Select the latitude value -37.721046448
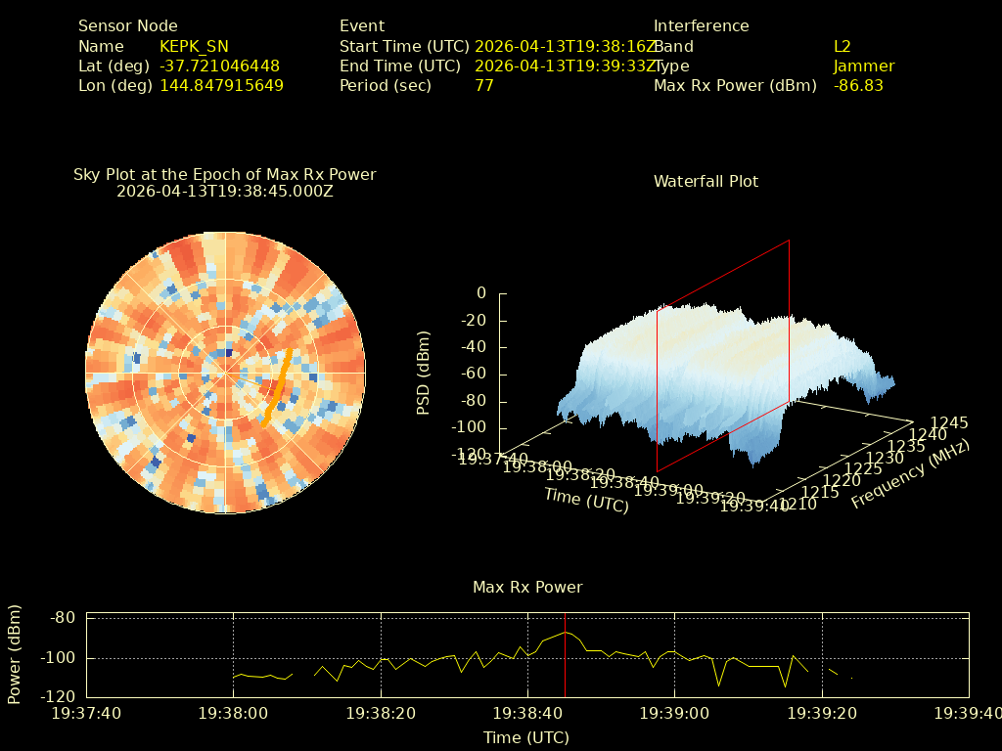click(219, 66)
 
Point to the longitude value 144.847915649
click(221, 86)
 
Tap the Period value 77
click(484, 86)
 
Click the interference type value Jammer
click(864, 66)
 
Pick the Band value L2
click(843, 47)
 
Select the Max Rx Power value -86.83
click(858, 86)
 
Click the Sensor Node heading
click(128, 26)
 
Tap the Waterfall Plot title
click(706, 182)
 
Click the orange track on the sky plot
click(278, 387)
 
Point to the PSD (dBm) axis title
click(424, 373)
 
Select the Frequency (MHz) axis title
click(910, 475)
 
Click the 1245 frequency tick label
click(949, 423)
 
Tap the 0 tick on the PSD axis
click(480, 293)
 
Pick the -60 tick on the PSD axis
click(476, 374)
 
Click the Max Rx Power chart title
click(527, 588)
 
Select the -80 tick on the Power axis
click(64, 618)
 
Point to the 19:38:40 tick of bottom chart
click(528, 714)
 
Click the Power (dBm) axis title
click(15, 654)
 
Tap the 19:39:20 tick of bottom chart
click(823, 714)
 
